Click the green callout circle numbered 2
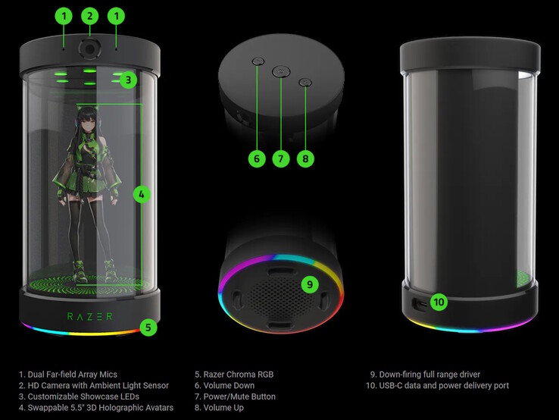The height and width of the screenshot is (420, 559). point(90,15)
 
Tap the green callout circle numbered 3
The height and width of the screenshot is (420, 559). point(128,79)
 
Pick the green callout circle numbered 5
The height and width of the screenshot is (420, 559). point(148,328)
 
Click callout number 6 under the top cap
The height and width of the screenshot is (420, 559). point(256,158)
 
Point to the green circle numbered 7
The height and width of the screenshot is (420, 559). point(280,158)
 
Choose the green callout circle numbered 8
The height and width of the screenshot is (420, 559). point(304,158)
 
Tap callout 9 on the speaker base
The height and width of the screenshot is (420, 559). point(309,285)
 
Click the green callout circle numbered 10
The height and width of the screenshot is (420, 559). point(440,302)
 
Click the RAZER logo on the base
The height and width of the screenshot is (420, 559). point(90,315)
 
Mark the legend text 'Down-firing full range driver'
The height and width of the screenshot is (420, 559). point(430,375)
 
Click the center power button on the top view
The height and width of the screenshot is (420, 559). point(280,72)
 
